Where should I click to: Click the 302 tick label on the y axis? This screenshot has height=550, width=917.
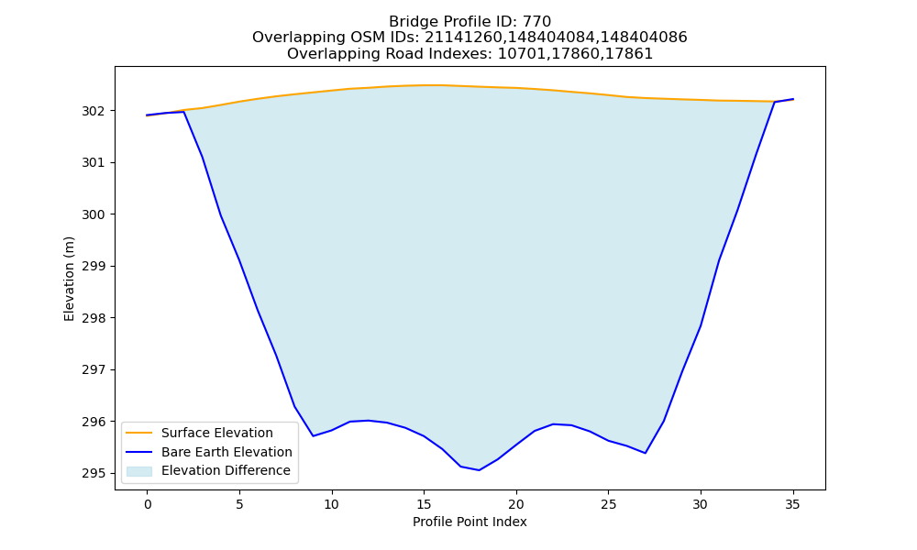[x=93, y=111]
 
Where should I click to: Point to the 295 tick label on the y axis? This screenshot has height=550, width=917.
[x=93, y=473]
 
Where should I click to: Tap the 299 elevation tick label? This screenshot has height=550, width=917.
[x=93, y=267]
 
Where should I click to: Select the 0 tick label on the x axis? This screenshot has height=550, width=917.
[x=148, y=504]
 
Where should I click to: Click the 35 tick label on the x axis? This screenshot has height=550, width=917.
[x=792, y=504]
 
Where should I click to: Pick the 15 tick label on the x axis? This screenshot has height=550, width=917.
[x=424, y=504]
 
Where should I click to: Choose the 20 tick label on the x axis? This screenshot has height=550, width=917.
[x=515, y=504]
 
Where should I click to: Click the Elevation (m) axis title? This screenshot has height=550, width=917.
[x=70, y=279]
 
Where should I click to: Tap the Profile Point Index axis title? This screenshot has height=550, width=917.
[x=470, y=522]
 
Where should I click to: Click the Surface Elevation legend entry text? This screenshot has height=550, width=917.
[x=217, y=433]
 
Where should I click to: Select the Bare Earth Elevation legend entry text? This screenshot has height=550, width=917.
[x=226, y=452]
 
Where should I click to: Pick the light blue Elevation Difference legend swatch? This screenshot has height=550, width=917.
[x=139, y=471]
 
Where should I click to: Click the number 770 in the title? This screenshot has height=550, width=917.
[x=536, y=22]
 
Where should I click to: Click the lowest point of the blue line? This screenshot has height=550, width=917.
[x=479, y=470]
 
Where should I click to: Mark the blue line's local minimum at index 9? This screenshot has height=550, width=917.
[x=314, y=436]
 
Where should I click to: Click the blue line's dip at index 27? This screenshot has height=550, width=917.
[x=645, y=453]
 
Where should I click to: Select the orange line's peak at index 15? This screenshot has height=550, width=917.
[x=424, y=85]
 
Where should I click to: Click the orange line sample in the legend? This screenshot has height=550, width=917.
[x=139, y=433]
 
